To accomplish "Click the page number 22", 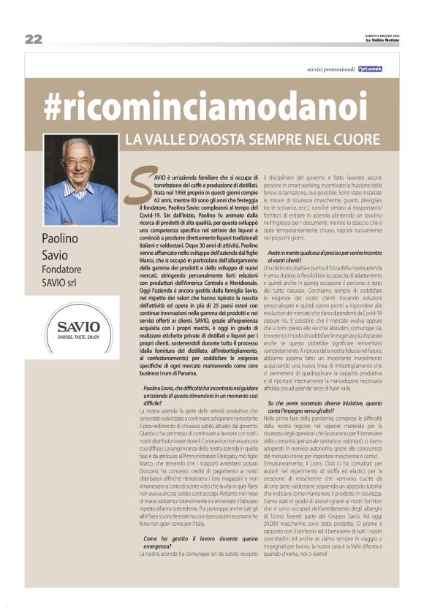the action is [33, 39].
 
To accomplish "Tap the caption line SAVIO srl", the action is [64, 283].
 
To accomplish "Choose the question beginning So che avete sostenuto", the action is [326, 408].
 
